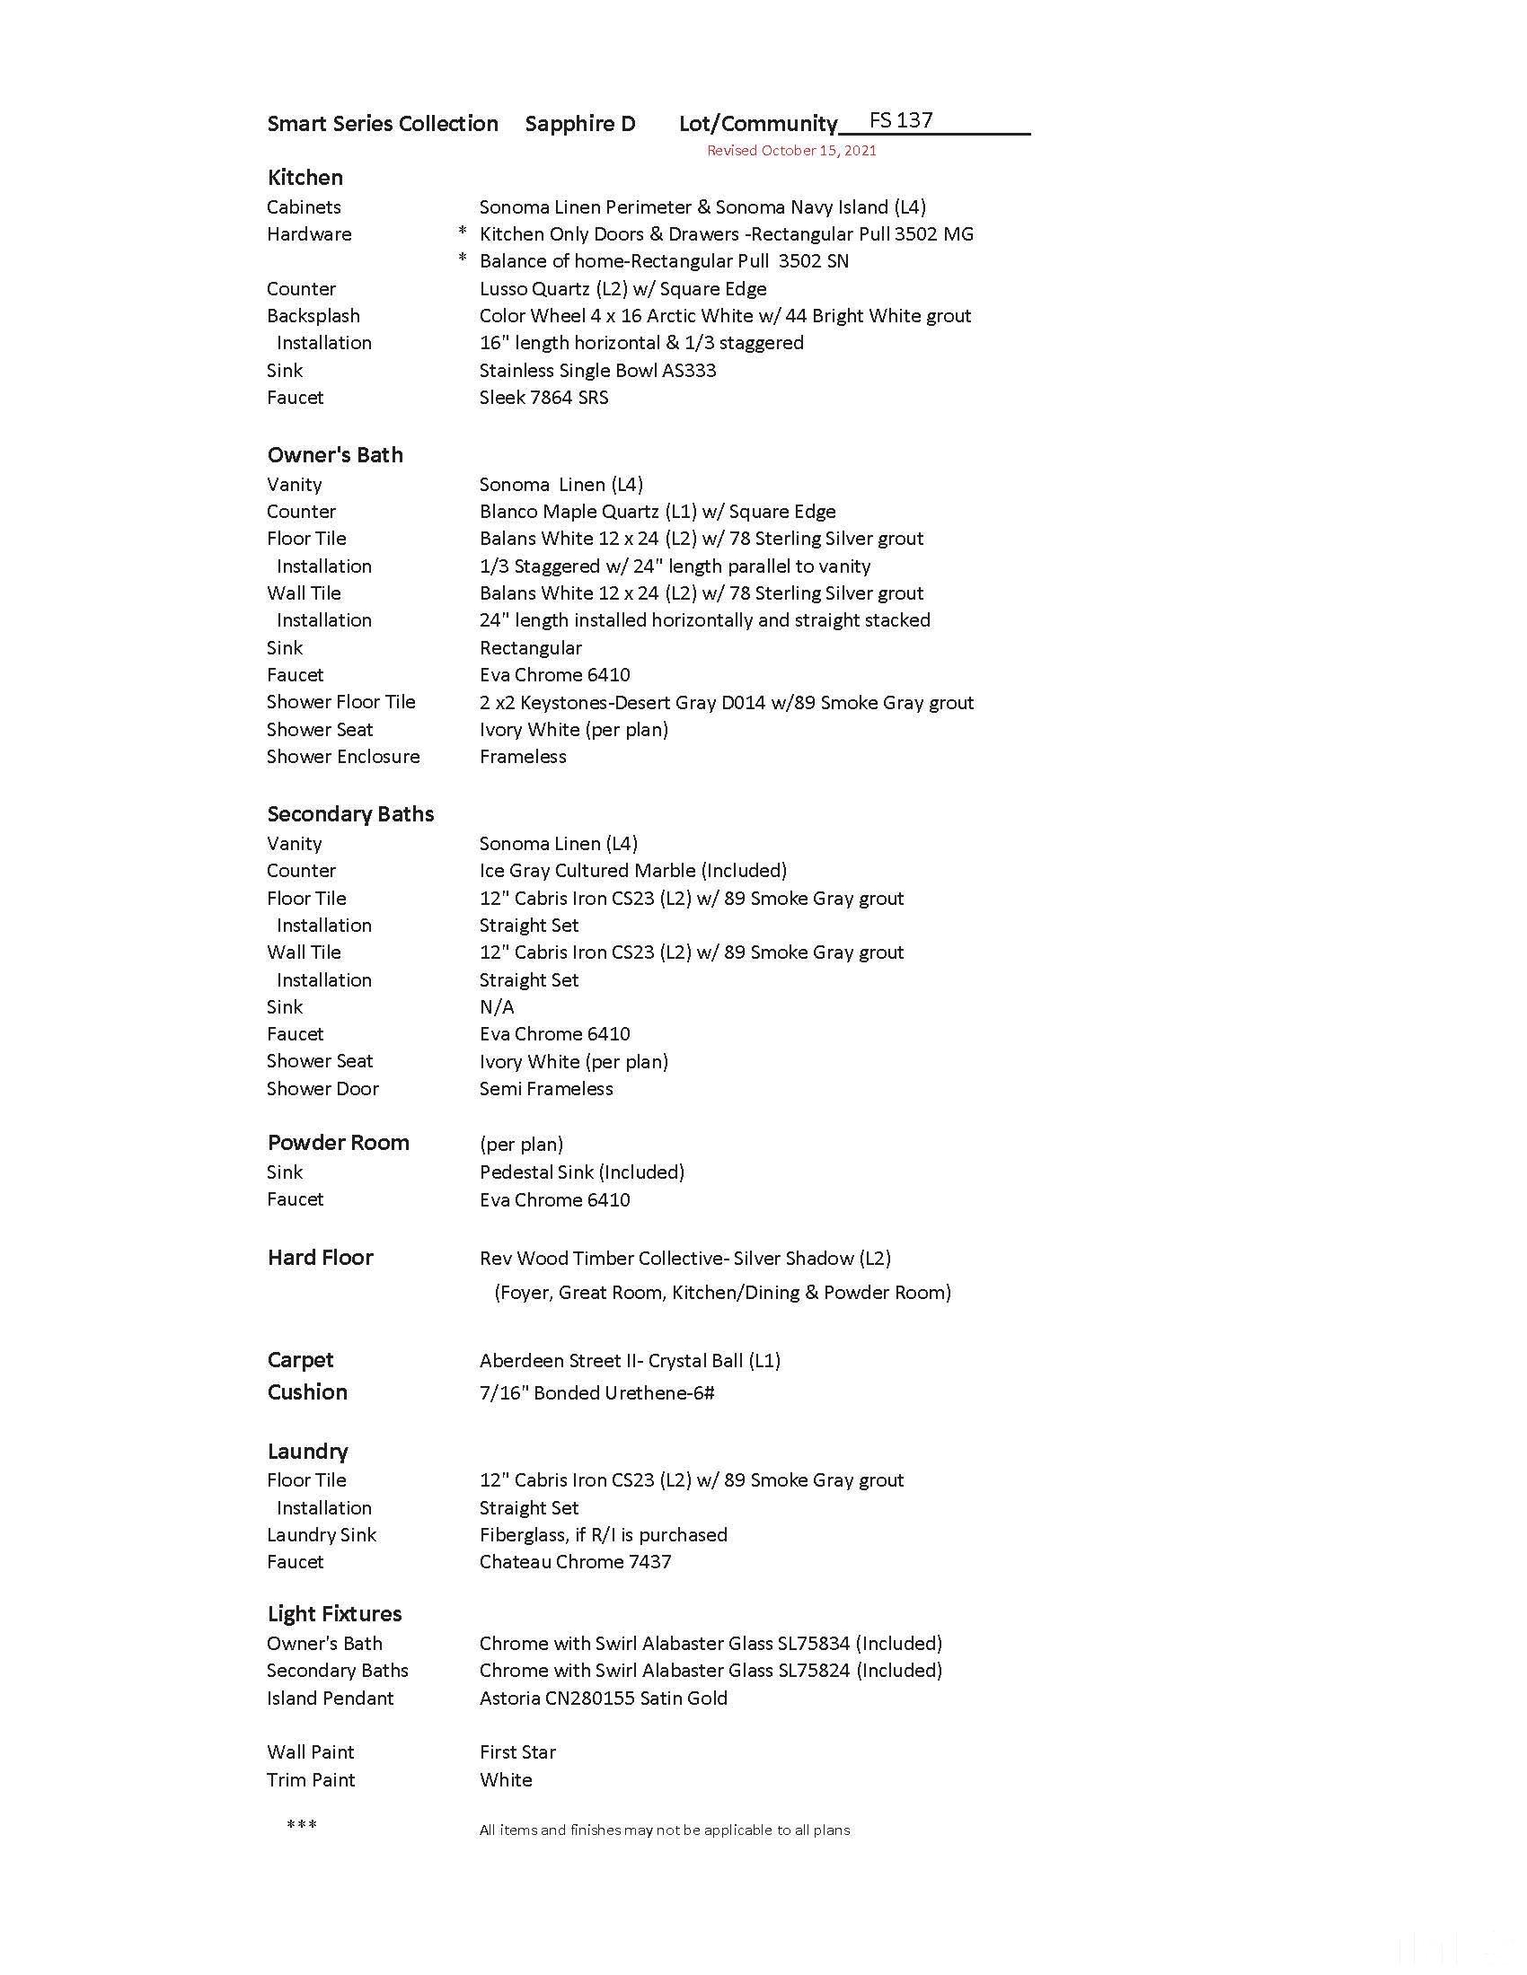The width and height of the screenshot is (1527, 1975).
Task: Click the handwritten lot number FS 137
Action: coord(900,120)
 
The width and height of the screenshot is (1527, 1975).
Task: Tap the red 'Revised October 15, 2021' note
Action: coord(791,150)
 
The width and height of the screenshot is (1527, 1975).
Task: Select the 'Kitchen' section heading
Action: coord(305,177)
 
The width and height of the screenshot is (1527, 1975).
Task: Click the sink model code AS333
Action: coord(689,370)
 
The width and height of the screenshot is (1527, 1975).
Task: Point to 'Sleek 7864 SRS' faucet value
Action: coord(543,397)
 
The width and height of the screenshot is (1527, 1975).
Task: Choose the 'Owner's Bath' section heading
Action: coord(335,455)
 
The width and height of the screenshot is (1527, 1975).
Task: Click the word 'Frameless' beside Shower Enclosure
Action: coord(523,756)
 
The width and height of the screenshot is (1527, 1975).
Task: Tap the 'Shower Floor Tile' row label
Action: coord(341,702)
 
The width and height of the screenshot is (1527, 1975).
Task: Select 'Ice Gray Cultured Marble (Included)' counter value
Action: coord(632,870)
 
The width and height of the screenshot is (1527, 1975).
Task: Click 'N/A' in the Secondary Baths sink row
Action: coord(497,1006)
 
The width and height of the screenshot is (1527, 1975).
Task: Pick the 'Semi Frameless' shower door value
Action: coord(545,1088)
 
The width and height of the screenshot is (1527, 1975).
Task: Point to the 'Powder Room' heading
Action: coord(339,1142)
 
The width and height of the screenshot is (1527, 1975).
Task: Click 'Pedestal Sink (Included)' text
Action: coord(582,1172)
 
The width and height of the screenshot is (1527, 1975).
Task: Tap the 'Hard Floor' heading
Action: coord(321,1257)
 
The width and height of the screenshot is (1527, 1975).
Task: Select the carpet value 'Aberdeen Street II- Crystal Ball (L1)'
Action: coord(630,1360)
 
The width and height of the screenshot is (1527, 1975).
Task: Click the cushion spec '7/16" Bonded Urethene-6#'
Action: coord(597,1392)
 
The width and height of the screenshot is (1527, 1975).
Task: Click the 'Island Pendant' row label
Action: coord(331,1698)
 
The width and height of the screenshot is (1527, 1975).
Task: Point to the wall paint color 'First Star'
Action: coord(517,1751)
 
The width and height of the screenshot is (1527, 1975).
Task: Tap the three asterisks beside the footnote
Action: coord(301,1826)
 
